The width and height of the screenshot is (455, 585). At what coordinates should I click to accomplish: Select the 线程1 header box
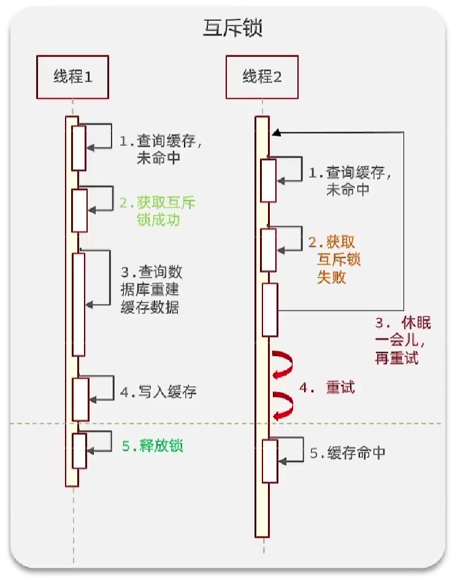coord(72,77)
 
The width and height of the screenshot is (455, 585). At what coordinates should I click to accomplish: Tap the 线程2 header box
coord(262,77)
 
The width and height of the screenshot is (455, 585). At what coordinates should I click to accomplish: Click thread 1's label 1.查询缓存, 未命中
coord(160,149)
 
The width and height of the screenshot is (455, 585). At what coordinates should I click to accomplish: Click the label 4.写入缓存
coord(158,392)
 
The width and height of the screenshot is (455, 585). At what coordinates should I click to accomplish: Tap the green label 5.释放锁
coord(153,446)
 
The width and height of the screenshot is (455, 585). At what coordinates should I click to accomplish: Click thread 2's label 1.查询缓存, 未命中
coord(349,181)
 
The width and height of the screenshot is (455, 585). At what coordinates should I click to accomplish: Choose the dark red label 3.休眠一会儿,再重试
coord(403,341)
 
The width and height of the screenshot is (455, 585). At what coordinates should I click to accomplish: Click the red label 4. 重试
coord(327,388)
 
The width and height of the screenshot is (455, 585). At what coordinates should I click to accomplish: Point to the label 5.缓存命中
coord(347,453)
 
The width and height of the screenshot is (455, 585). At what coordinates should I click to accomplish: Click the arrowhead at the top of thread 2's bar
coord(277,132)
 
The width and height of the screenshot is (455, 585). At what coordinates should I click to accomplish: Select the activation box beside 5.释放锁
coord(79,450)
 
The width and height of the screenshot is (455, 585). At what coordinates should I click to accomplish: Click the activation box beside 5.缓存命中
coord(269,461)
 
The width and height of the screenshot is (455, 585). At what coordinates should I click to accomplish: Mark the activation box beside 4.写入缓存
coord(80,396)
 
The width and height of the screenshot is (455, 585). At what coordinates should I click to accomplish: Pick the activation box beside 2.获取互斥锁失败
coord(269,250)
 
